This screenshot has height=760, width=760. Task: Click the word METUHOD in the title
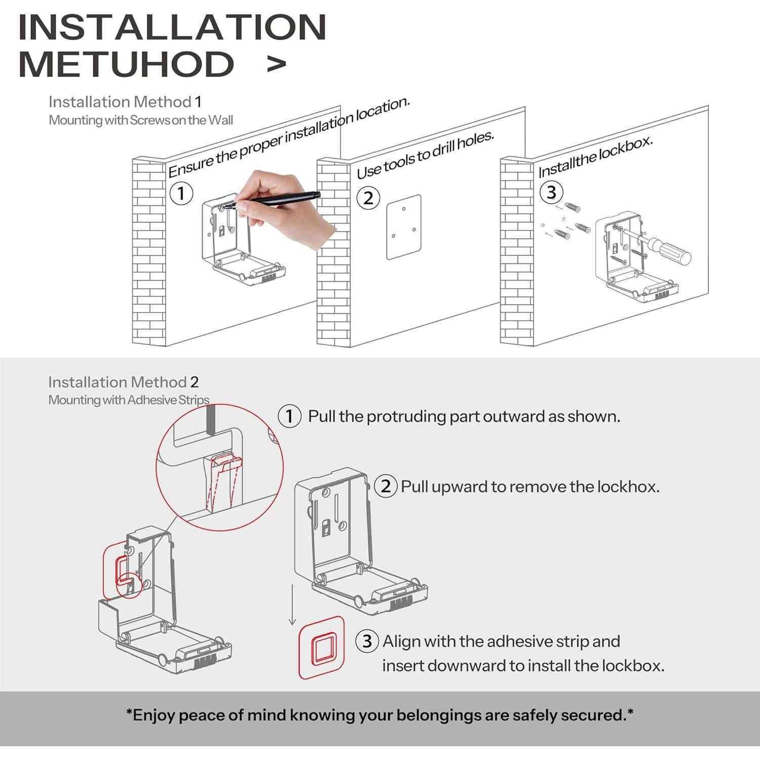pyautogui.click(x=126, y=64)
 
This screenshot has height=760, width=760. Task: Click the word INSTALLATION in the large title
pyautogui.click(x=172, y=27)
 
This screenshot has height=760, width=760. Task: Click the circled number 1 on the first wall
pyautogui.click(x=181, y=194)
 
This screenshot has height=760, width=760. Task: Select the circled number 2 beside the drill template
pyautogui.click(x=368, y=198)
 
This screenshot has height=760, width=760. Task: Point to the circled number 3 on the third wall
pyautogui.click(x=551, y=192)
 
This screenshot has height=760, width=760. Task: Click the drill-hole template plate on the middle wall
pyautogui.click(x=404, y=227)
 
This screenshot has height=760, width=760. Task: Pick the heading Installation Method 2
pyautogui.click(x=124, y=382)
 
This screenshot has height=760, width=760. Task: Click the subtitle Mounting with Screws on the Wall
pyautogui.click(x=141, y=120)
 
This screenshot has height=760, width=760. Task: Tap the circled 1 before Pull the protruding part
pyautogui.click(x=290, y=416)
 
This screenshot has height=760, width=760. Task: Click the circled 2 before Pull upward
pyautogui.click(x=386, y=486)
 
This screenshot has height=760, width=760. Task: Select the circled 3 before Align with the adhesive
pyautogui.click(x=367, y=641)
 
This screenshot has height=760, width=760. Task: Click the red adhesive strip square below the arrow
pyautogui.click(x=322, y=648)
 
